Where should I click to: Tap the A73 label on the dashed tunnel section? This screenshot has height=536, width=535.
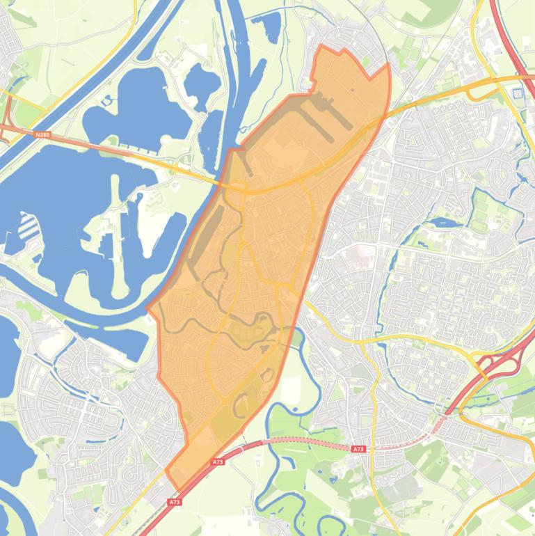click(x=358, y=450)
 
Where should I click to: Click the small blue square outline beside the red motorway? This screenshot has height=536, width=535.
click(x=518, y=93)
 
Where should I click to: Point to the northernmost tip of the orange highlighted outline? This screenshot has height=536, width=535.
click(x=322, y=46)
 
